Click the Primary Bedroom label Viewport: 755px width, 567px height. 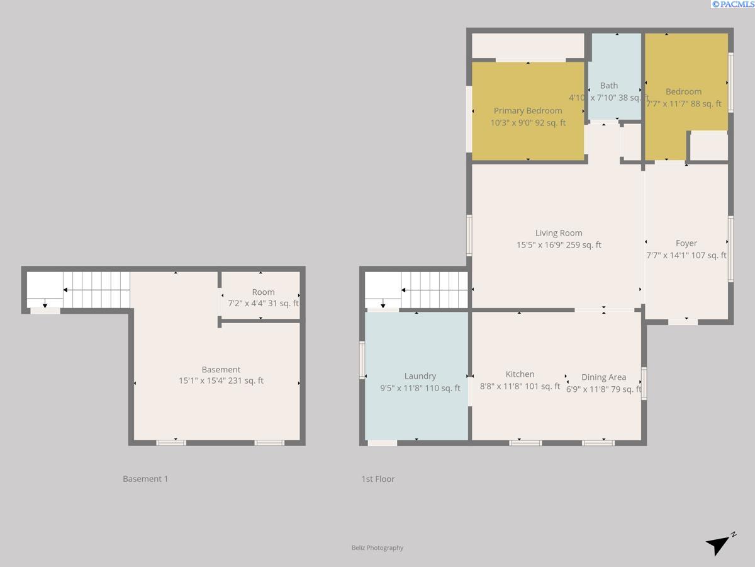527,111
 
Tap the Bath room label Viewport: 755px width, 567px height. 608,86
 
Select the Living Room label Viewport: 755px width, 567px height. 559,233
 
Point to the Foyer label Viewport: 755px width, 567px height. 686,243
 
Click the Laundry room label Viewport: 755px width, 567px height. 420,376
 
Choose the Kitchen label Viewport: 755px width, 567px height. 520,374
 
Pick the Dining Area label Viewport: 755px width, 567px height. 603,377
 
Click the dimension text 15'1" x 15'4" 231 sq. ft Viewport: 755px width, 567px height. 221,381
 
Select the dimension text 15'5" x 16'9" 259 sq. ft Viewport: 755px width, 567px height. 559,245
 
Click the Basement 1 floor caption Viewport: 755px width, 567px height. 145,479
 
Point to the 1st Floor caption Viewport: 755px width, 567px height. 378,479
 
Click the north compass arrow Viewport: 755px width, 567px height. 719,544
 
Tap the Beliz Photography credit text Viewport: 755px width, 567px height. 377,548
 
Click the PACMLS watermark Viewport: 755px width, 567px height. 733,4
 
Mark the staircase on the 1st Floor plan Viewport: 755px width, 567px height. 434,290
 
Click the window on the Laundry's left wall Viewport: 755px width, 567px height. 362,360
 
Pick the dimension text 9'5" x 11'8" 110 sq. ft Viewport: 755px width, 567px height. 420,388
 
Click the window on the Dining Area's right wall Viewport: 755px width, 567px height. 644,383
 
